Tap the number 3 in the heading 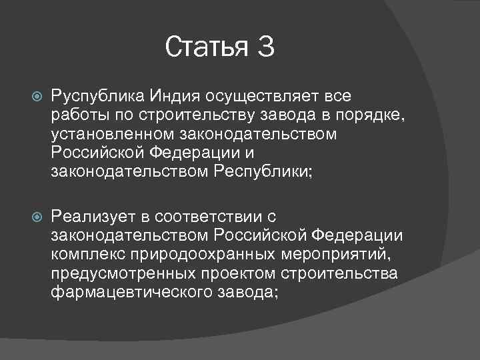coord(265,47)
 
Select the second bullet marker coord(36,218)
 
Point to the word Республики coord(263,172)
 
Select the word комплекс coord(83,255)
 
